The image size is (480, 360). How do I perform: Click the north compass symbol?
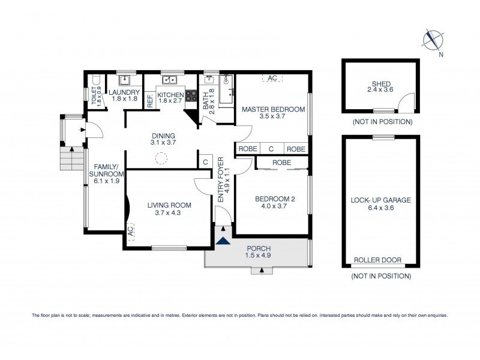pyautogui.click(x=433, y=40)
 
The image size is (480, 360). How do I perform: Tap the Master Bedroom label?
pyautogui.click(x=273, y=113)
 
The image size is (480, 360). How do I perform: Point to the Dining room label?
pyautogui.click(x=163, y=139)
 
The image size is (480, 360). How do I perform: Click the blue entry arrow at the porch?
pyautogui.click(x=223, y=241)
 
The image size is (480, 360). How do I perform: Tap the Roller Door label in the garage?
pyautogui.click(x=377, y=260)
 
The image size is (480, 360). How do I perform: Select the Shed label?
pyautogui.click(x=379, y=86)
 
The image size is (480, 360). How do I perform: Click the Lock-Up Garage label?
pyautogui.click(x=380, y=204)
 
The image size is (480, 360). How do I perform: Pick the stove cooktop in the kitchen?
pyautogui.click(x=191, y=96)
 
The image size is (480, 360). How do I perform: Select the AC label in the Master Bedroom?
pyautogui.click(x=272, y=78)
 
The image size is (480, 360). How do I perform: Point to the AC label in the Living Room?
pyautogui.click(x=130, y=229)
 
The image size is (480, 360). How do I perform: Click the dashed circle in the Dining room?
pyautogui.click(x=161, y=159)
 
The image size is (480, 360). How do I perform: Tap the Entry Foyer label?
pyautogui.click(x=221, y=179)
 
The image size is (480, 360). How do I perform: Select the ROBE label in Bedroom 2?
pyautogui.click(x=281, y=162)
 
